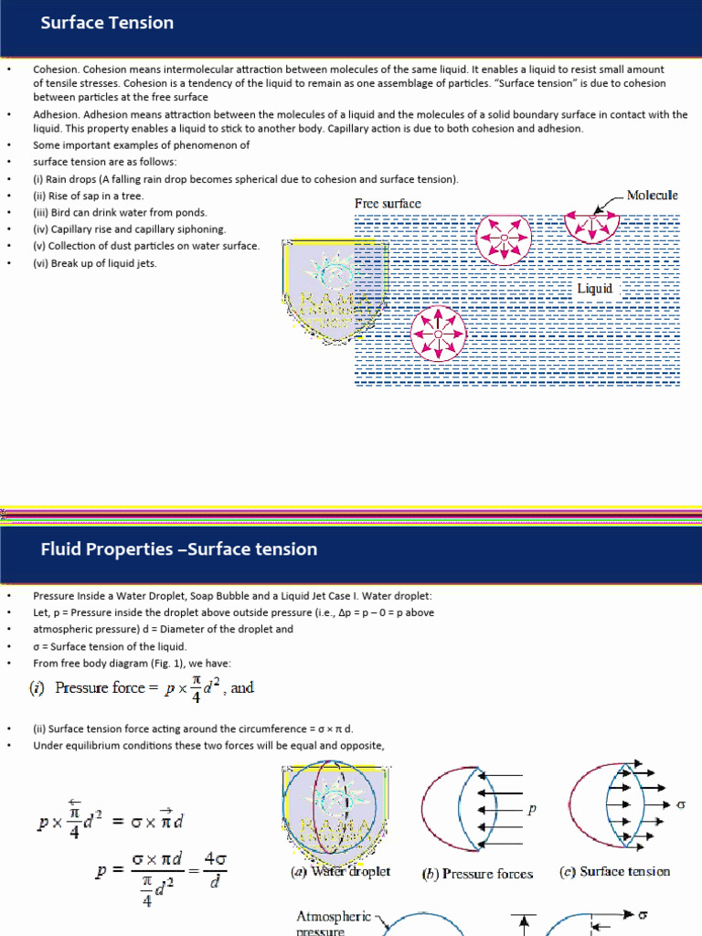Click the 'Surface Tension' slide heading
[x=107, y=23]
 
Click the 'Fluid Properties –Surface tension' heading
[x=178, y=549]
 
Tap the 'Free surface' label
[x=388, y=203]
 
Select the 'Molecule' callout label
[x=653, y=195]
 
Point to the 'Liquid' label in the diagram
[x=594, y=289]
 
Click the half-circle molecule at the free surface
[x=593, y=222]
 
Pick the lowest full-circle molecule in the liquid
[x=438, y=334]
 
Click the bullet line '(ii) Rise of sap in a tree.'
[x=89, y=196]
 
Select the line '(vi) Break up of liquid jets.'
[x=95, y=263]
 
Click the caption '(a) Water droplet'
[x=340, y=872]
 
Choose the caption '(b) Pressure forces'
[x=477, y=874]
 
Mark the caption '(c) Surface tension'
[x=614, y=872]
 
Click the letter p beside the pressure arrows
[x=531, y=810]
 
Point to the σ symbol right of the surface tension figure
[x=679, y=804]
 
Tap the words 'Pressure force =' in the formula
[x=100, y=687]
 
